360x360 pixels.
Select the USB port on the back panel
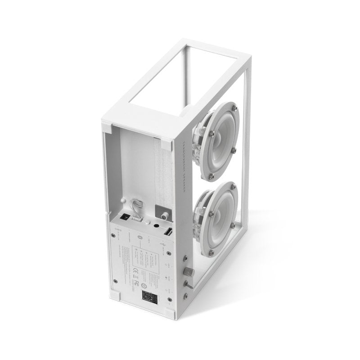click(168, 233)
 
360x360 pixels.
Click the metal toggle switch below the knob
click(189, 284)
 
